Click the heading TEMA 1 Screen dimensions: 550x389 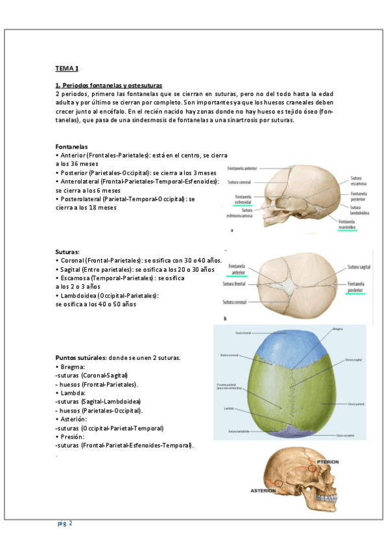click(x=66, y=67)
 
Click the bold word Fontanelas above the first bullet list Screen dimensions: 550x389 click(x=71, y=147)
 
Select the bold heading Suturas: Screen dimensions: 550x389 click(x=68, y=251)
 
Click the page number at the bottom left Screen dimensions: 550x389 click(x=64, y=523)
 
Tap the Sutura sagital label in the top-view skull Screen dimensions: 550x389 click(x=359, y=267)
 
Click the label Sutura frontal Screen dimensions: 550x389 click(x=236, y=283)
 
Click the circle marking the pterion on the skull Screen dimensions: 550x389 click(x=312, y=467)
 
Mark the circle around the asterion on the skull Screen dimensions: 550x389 click(x=279, y=483)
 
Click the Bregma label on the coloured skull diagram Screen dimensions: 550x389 click(x=337, y=329)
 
